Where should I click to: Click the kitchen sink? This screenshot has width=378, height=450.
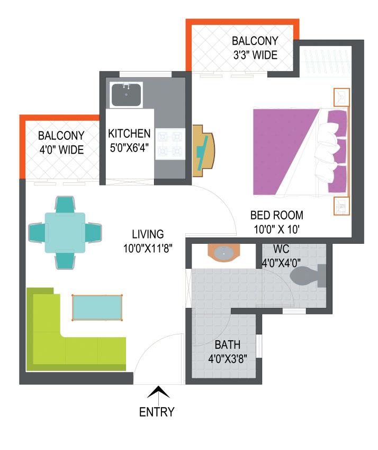[126, 95]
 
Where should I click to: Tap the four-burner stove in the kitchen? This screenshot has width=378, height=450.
[170, 144]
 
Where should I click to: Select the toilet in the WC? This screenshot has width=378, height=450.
[308, 276]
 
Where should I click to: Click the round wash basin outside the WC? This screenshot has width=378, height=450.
[224, 253]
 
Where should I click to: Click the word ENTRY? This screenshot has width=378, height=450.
[157, 412]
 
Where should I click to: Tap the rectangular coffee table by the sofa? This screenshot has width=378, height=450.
[97, 307]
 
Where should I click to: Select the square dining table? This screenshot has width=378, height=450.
[65, 233]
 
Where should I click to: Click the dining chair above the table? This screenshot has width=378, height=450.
[65, 205]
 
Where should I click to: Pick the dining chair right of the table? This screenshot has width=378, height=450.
[93, 233]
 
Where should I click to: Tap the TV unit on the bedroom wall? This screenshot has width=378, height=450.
[203, 151]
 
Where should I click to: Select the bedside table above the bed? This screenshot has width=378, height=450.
[341, 98]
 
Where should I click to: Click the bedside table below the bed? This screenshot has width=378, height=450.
[341, 206]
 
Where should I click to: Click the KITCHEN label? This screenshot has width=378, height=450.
[129, 134]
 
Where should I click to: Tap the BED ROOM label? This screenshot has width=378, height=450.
[277, 215]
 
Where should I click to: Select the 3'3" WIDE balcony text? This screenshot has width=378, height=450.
[255, 55]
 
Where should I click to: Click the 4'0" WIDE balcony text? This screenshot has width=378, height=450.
[61, 150]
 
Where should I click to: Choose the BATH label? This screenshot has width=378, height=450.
[228, 345]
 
